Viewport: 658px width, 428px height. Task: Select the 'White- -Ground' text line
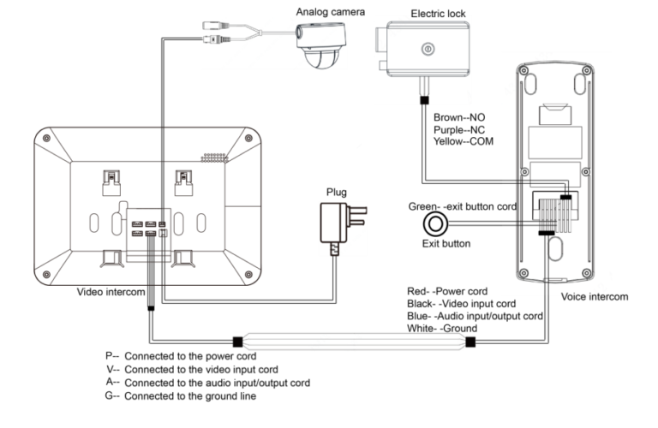(x=442, y=328)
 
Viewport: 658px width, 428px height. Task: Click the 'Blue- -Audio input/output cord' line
(x=475, y=316)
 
